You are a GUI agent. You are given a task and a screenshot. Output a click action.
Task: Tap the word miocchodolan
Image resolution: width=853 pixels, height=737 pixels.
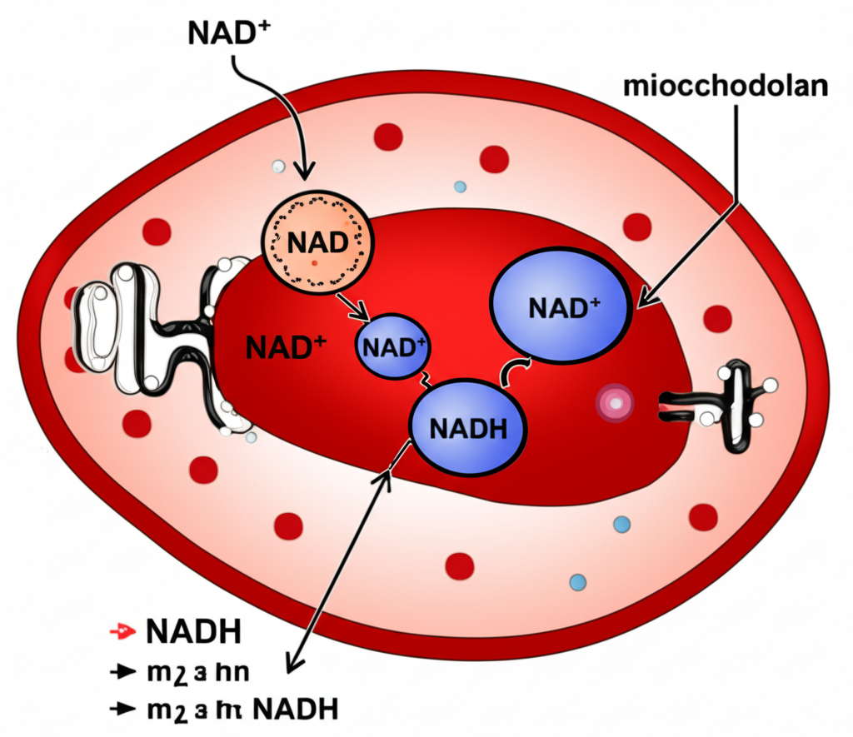(723, 87)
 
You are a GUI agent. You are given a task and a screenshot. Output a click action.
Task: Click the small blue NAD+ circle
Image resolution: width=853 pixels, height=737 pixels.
(392, 346)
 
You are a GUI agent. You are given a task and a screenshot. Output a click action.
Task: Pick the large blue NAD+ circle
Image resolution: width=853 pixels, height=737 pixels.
(562, 306)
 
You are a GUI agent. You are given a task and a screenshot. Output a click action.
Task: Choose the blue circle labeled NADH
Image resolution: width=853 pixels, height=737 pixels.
(468, 426)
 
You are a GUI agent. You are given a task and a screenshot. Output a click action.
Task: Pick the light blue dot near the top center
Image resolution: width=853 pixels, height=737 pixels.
(461, 186)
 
